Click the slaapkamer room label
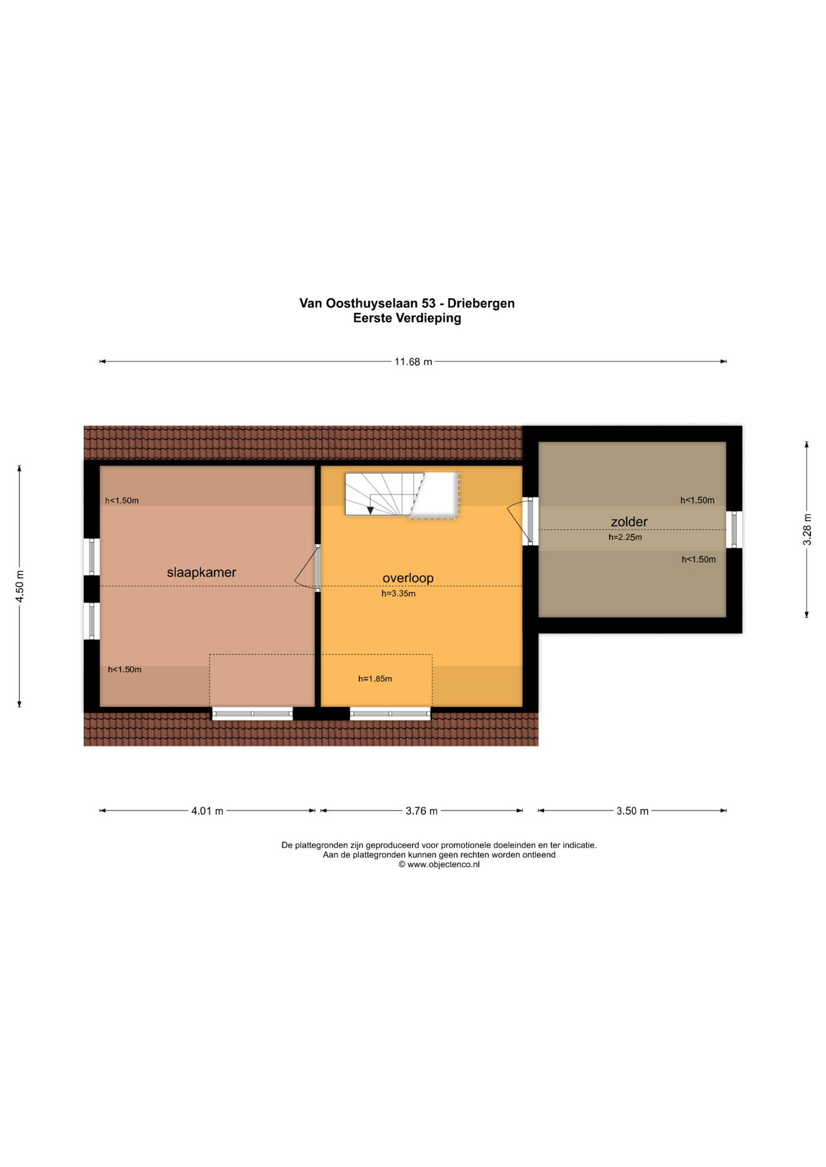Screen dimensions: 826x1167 [201, 573]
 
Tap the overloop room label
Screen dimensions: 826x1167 [408, 578]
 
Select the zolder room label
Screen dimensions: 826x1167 [629, 522]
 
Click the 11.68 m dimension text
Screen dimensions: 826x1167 [413, 362]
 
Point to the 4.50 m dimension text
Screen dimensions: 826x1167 [19, 586]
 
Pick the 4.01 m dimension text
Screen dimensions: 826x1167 [207, 811]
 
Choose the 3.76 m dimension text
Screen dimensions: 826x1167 [422, 811]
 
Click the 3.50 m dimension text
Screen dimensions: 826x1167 [633, 811]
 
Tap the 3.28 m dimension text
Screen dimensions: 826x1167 [807, 529]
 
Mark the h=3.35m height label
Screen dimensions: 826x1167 [398, 594]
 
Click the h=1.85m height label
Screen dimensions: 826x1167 [375, 679]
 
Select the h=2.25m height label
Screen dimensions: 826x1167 [625, 537]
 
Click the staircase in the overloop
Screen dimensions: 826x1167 [401, 495]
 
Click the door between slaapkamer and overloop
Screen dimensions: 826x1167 [308, 568]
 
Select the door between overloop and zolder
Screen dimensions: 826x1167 [520, 521]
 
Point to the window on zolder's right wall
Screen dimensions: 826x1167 [734, 529]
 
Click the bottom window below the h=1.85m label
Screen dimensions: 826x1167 [390, 714]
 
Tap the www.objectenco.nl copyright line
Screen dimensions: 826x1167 [439, 864]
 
